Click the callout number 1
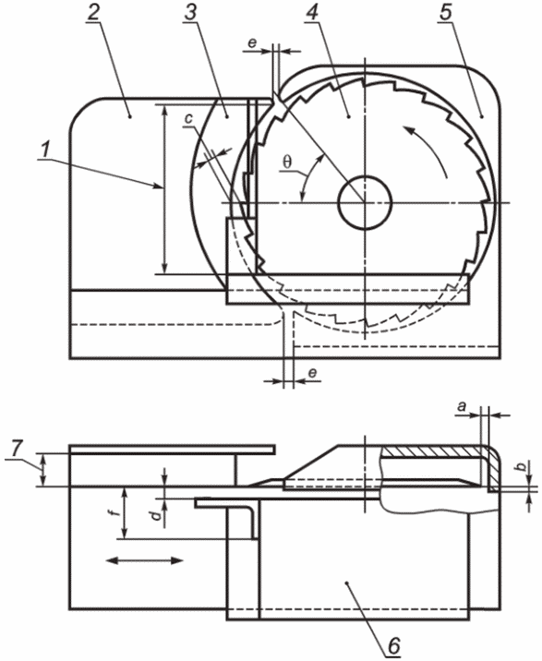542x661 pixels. pyautogui.click(x=46, y=150)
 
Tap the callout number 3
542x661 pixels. pyautogui.click(x=190, y=13)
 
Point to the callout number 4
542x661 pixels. pyautogui.click(x=311, y=13)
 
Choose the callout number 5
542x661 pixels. pyautogui.click(x=445, y=13)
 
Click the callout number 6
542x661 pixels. pyautogui.click(x=393, y=646)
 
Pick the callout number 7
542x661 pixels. pyautogui.click(x=17, y=449)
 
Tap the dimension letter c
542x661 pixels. pyautogui.click(x=188, y=119)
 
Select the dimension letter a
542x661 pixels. pyautogui.click(x=462, y=406)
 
